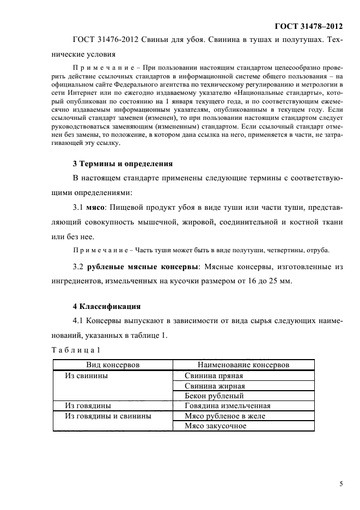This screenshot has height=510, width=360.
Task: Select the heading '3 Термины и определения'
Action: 123,163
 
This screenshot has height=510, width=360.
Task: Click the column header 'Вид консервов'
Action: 113,365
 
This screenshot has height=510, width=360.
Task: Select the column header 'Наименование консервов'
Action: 243,365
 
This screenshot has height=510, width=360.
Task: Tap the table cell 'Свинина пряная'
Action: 213,375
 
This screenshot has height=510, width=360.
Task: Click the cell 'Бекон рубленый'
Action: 213,396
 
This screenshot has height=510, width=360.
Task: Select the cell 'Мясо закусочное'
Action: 216,426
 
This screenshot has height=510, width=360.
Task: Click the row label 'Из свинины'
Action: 86,375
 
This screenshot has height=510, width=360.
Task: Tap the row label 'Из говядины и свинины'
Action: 107,416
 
